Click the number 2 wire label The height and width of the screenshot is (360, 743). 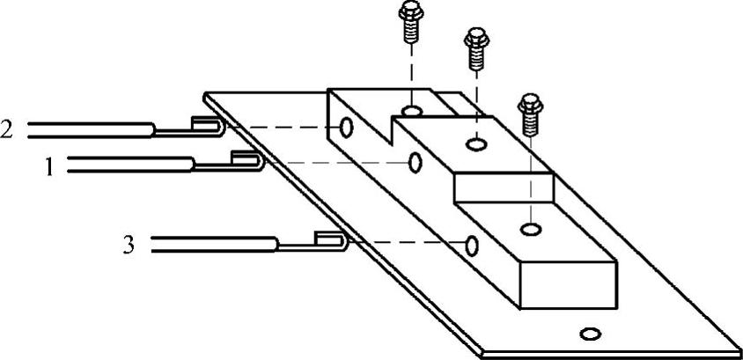click(x=7, y=129)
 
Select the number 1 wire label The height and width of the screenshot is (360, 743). click(x=50, y=165)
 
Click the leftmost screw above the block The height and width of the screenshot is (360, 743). click(x=409, y=20)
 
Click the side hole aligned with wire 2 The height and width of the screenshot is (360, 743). click(x=346, y=129)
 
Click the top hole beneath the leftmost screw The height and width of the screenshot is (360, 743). click(x=410, y=111)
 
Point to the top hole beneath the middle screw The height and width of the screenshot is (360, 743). click(x=477, y=142)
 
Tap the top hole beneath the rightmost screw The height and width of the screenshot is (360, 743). click(x=530, y=230)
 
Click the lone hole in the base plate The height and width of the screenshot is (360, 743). click(x=590, y=333)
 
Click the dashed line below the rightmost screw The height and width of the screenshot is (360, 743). click(x=530, y=176)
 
